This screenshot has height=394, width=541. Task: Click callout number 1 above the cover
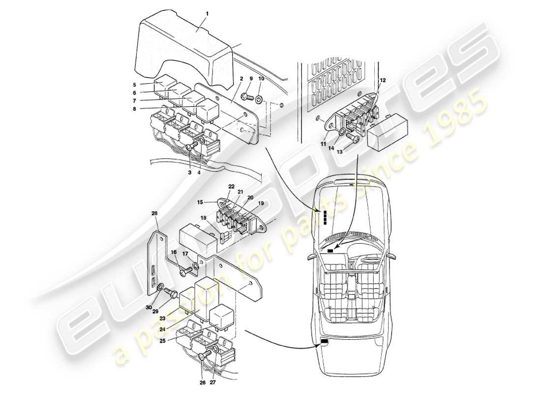coord(207,14)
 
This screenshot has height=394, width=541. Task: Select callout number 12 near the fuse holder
coord(383,80)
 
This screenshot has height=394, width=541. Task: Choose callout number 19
coord(261,202)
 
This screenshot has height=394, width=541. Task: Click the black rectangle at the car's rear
coord(325,341)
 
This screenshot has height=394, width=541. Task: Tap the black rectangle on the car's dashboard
coord(330,251)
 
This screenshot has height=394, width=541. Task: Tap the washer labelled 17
coord(195,266)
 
